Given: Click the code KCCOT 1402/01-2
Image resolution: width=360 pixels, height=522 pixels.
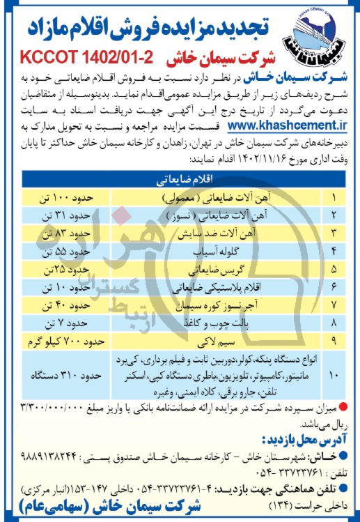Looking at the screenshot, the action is (87, 56).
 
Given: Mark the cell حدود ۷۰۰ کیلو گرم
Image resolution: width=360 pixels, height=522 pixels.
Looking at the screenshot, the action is (66, 340).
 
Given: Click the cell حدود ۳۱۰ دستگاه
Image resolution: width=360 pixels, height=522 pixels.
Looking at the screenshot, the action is (68, 375).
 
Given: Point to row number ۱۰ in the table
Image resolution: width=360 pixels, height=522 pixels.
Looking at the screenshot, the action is (332, 375).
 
